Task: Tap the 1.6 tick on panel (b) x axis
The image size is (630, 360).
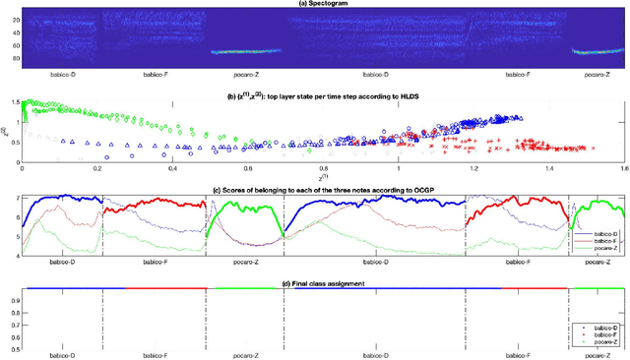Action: [x=622, y=169]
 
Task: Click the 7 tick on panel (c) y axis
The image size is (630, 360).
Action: [x=15, y=199]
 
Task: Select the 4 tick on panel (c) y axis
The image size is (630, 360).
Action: [x=15, y=256]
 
